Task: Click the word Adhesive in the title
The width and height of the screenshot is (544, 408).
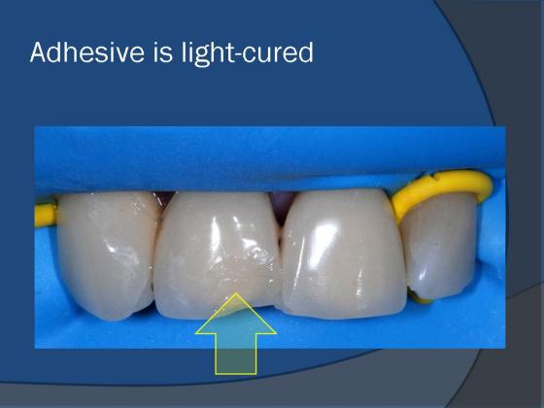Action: click(87, 52)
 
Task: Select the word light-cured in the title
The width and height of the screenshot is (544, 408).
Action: click(248, 53)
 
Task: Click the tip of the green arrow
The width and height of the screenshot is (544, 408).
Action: click(236, 293)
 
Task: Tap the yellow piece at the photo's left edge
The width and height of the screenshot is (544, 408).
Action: click(45, 215)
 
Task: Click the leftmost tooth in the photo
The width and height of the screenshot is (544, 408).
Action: click(106, 254)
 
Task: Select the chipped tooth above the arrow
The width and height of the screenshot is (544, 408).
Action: click(217, 255)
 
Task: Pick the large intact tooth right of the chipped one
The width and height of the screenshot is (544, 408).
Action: click(344, 255)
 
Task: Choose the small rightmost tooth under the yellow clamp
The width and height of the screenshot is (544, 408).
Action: click(438, 247)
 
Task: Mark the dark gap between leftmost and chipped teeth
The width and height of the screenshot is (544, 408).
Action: click(163, 200)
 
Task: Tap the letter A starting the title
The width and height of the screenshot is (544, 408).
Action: click(38, 52)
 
